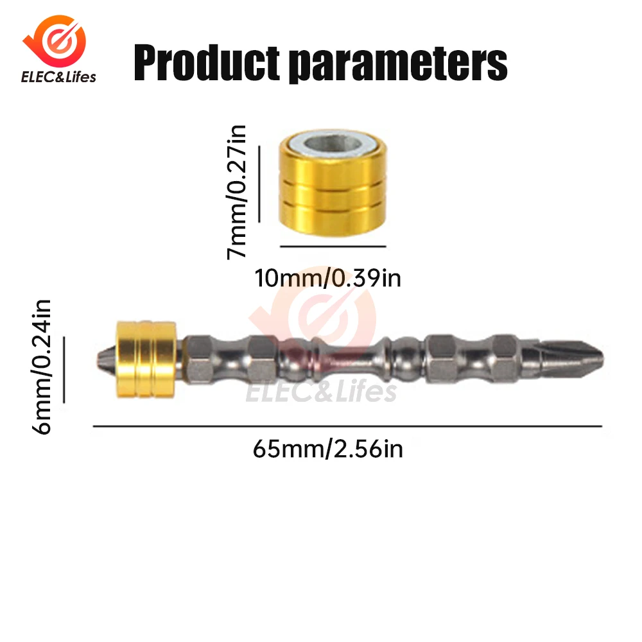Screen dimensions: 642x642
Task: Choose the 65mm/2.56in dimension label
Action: tap(328, 449)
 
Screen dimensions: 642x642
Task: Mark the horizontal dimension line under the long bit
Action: tap(347, 426)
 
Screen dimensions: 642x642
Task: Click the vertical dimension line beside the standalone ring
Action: tap(259, 184)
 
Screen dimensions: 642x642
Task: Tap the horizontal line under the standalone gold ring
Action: tap(333, 246)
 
